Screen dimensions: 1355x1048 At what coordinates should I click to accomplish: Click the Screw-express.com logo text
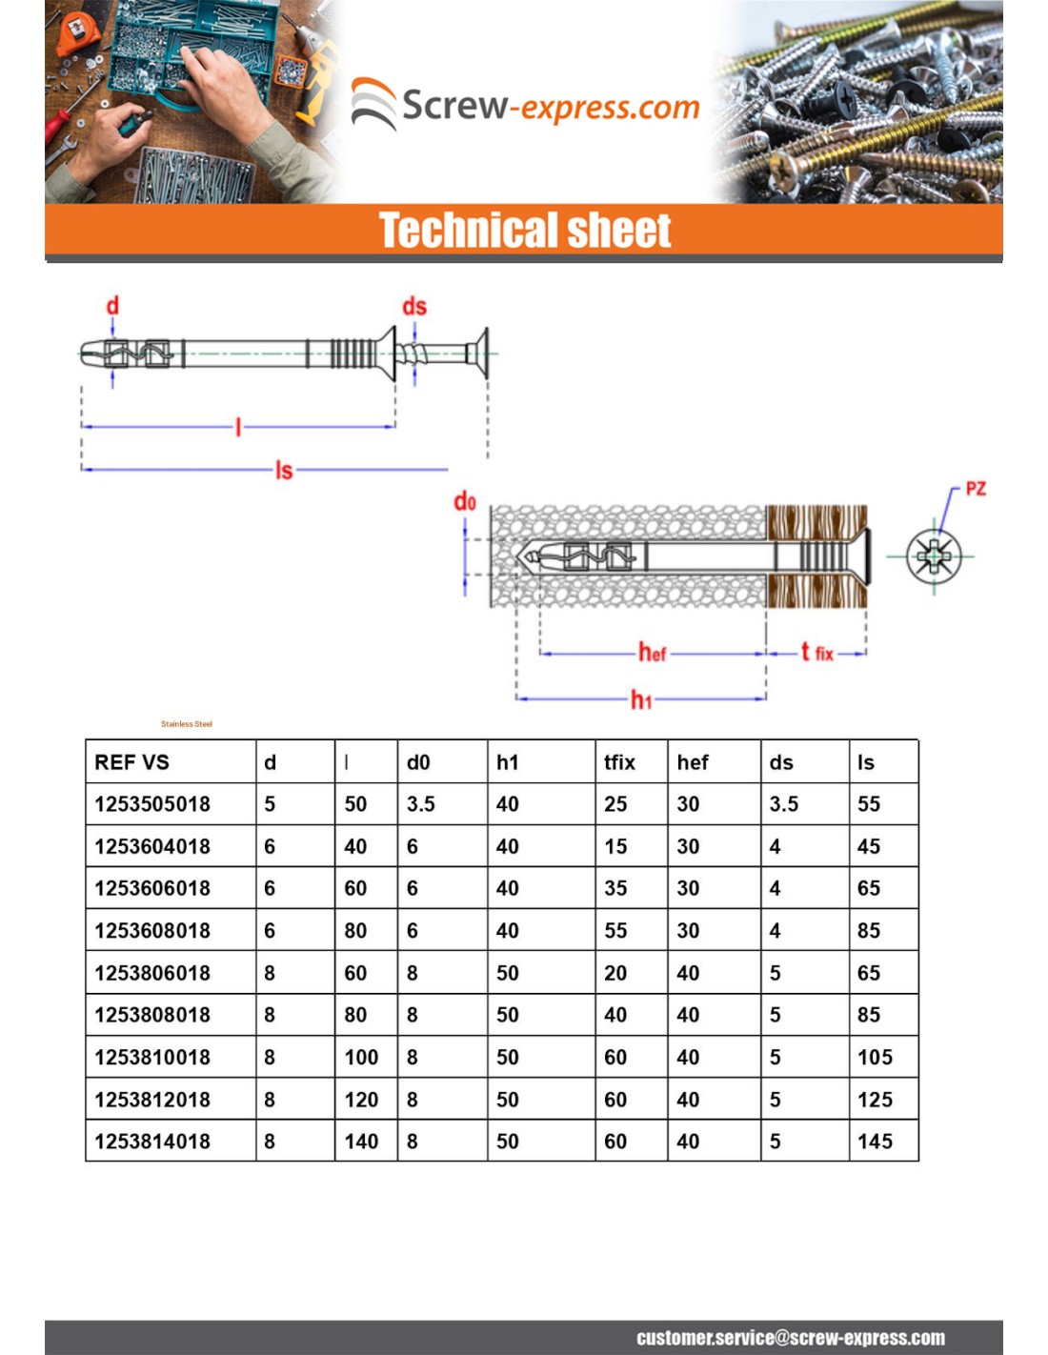pos(551,106)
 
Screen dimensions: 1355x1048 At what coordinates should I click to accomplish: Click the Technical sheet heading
pos(525,231)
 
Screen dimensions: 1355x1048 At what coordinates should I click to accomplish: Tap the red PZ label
pos(975,489)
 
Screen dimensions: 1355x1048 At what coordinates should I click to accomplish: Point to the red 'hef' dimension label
pos(652,653)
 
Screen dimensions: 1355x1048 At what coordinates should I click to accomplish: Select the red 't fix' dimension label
pos(816,653)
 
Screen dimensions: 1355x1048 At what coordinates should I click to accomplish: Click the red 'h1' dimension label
pos(641,700)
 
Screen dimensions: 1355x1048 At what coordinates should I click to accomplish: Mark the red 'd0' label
pos(464,501)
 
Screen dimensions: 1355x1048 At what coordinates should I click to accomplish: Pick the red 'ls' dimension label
pos(284,470)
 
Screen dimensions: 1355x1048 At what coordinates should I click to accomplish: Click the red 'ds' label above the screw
pos(414,306)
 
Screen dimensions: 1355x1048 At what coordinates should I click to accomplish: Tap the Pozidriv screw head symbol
pos(934,556)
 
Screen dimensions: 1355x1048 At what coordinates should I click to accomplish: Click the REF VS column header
pos(131,762)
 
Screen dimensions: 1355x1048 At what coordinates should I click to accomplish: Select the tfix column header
pos(619,762)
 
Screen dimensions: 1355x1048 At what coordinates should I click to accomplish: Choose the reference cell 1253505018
pos(152,804)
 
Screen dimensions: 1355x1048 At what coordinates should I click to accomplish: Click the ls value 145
pos(875,1142)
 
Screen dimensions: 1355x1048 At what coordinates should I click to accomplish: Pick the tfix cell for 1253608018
pos(615,931)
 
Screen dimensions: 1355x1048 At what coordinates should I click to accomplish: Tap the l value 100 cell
pos(361,1058)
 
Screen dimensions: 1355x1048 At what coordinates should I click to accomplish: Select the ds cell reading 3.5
pos(784,804)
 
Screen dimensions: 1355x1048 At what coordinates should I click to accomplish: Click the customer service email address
pos(791,1338)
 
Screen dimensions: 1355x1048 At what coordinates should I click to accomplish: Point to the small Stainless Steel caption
pos(187,724)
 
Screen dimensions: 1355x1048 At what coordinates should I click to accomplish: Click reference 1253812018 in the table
pos(152,1100)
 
